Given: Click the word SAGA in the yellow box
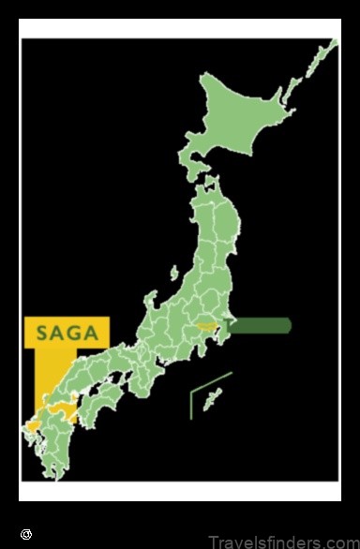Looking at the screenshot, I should tap(67, 332).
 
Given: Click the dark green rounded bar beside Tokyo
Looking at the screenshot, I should tap(262, 325).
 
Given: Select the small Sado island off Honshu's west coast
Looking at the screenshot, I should tap(172, 273).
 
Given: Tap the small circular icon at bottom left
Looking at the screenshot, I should tap(26, 535).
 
